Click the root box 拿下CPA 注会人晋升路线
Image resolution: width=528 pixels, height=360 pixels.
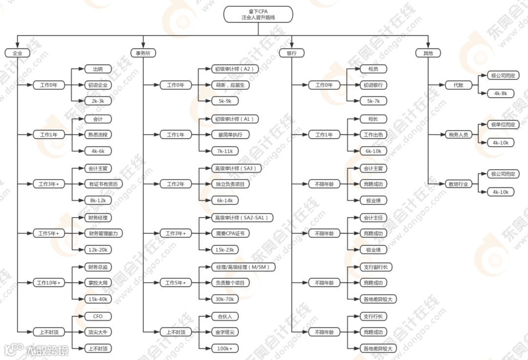258,14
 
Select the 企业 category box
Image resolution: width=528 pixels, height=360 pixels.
17,53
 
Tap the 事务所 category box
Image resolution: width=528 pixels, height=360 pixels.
143,53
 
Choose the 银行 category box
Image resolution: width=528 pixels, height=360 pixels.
291,53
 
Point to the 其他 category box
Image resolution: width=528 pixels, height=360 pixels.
428,53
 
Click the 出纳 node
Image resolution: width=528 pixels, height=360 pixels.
98,69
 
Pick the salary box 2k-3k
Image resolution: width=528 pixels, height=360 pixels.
98,100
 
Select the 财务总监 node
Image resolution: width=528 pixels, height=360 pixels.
98,267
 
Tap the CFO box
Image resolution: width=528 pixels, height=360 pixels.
98,316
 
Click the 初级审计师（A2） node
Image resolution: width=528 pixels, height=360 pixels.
234,69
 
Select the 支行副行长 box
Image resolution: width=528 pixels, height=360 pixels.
376,267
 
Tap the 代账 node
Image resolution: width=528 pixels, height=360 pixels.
458,85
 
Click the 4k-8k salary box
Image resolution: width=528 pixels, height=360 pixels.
501,93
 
